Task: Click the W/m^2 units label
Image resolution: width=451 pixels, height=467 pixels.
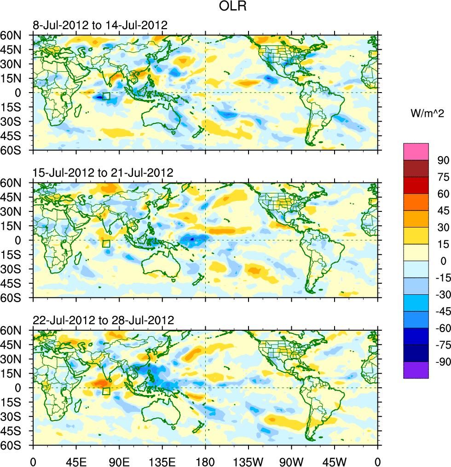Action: point(427,113)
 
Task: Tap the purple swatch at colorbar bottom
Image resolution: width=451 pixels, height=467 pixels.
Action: point(416,370)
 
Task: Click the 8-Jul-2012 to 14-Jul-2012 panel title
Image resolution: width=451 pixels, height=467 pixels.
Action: point(99,25)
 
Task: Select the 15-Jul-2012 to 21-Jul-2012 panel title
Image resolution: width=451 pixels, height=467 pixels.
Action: point(103,173)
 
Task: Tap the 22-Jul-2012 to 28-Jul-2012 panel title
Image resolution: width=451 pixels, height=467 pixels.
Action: point(103,320)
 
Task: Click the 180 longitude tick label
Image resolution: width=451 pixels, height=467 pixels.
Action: point(205,461)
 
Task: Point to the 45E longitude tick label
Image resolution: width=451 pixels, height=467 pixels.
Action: point(75,461)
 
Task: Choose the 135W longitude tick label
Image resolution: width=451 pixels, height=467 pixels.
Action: point(249,461)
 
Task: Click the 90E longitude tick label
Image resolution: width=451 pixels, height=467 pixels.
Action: point(119,461)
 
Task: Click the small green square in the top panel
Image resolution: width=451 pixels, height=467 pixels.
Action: point(106,96)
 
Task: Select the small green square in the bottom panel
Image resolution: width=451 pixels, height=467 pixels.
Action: point(106,391)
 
